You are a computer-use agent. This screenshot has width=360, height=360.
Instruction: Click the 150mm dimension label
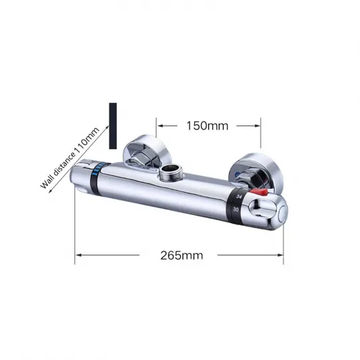(x=208, y=126)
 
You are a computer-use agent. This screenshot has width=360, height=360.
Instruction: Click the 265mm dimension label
(x=181, y=255)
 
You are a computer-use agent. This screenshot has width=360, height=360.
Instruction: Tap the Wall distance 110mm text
(x=70, y=158)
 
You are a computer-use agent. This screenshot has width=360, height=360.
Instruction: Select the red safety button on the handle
(x=259, y=192)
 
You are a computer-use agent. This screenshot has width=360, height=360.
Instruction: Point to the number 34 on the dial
(x=239, y=197)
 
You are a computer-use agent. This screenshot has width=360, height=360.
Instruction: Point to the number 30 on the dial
(x=236, y=210)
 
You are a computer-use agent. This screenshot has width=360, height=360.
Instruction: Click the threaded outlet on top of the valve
(x=170, y=173)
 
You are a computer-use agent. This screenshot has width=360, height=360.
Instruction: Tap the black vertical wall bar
(x=113, y=126)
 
